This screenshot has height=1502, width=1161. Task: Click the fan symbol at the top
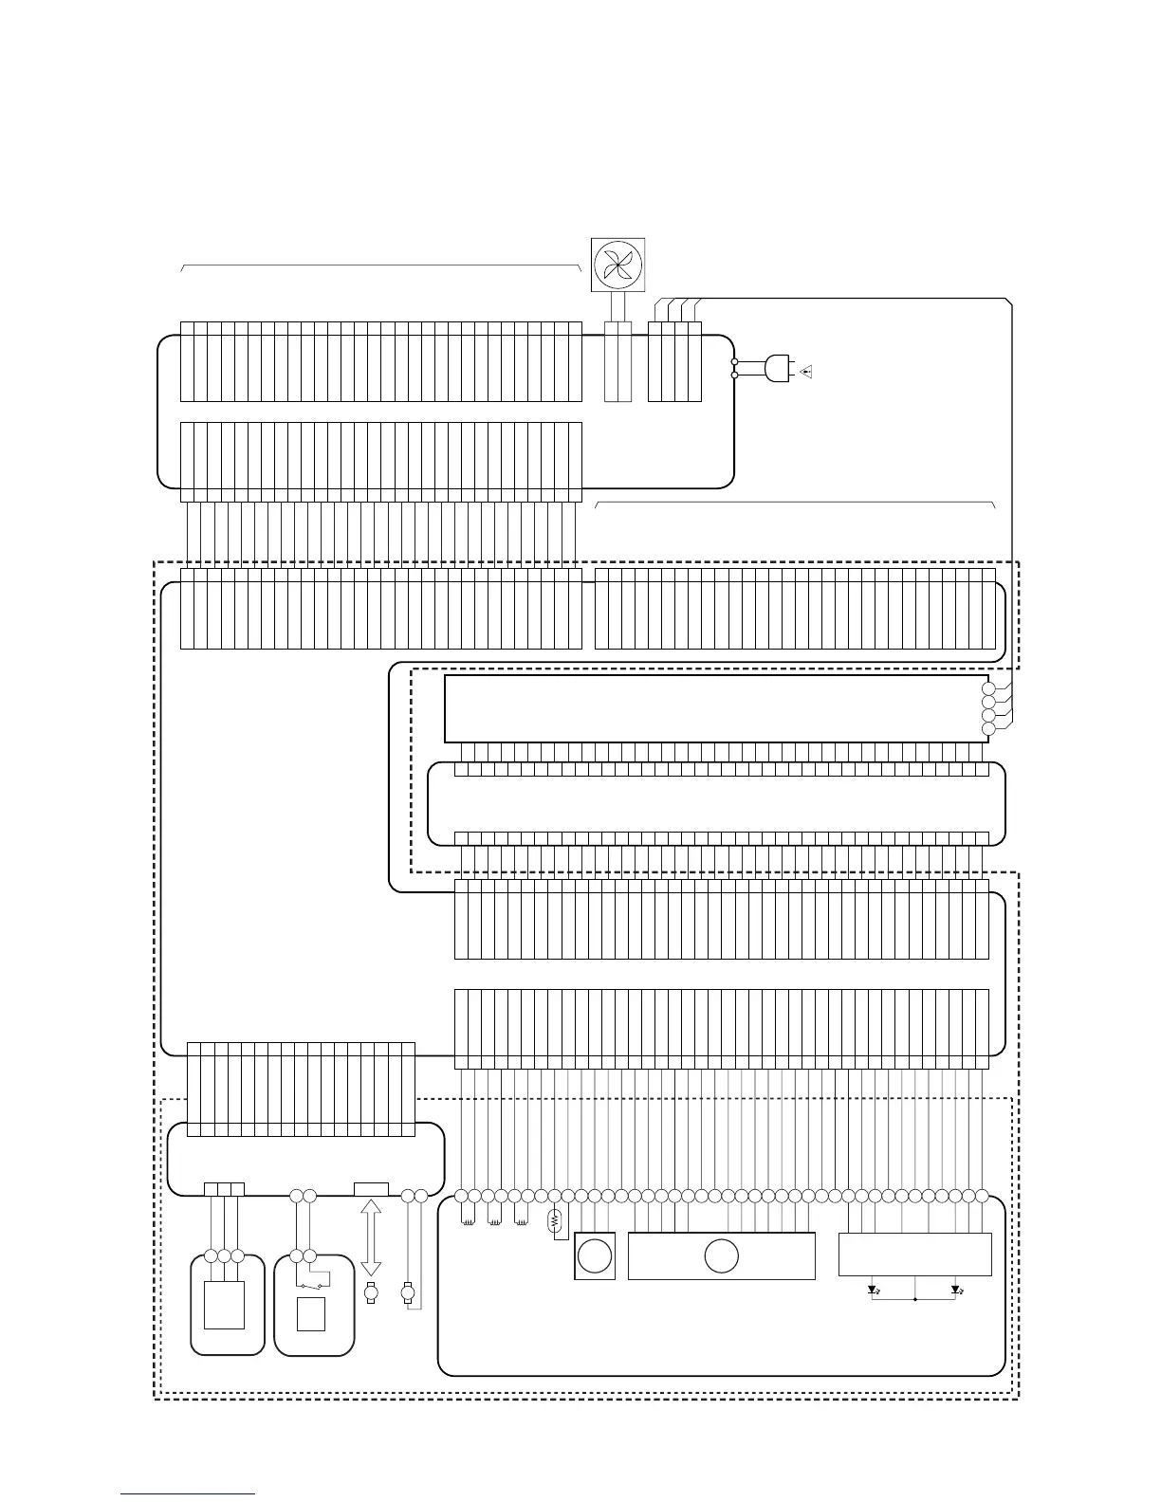coord(617,265)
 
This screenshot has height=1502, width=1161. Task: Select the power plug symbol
coord(777,369)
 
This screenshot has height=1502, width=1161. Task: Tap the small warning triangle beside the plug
coord(806,372)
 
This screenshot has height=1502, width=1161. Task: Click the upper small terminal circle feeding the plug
coord(735,362)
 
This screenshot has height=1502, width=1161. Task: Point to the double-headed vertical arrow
coord(371,1237)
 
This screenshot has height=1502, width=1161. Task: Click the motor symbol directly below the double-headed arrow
coord(371,1293)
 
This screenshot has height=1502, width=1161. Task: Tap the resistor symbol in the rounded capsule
coord(556,1223)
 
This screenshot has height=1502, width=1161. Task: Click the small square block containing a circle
coord(595,1256)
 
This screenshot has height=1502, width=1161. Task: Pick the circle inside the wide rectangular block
coord(721,1256)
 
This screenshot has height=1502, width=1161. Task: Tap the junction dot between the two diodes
coord(914,1299)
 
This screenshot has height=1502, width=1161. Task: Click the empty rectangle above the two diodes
coord(914,1254)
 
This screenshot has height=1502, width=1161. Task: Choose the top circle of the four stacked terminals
coord(988,688)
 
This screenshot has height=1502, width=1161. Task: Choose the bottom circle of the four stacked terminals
coord(988,728)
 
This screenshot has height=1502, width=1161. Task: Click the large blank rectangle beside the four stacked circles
coord(711,708)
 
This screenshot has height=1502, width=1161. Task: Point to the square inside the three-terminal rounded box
coord(224,1305)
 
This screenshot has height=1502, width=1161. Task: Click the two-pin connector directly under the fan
coord(617,361)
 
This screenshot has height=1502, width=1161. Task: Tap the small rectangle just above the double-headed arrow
coord(371,1189)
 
